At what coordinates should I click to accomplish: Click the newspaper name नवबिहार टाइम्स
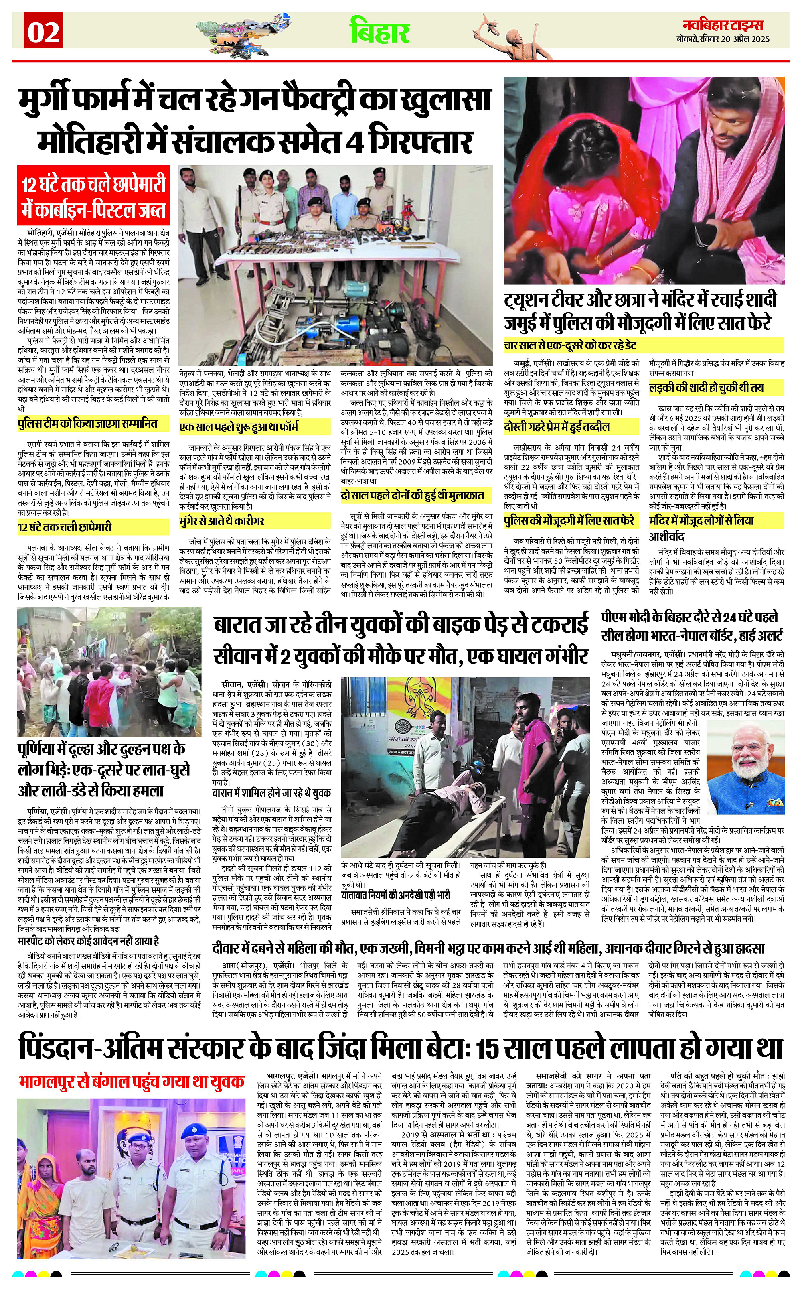tap(723, 25)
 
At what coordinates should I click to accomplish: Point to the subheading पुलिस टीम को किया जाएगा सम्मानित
tap(87, 424)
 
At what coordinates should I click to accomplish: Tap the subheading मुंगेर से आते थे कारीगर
tap(222, 521)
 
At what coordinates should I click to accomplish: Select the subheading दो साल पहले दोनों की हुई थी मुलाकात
tap(412, 495)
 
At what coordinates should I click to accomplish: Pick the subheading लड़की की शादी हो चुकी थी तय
tap(706, 388)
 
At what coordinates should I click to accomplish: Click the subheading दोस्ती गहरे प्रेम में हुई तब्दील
tap(557, 427)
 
